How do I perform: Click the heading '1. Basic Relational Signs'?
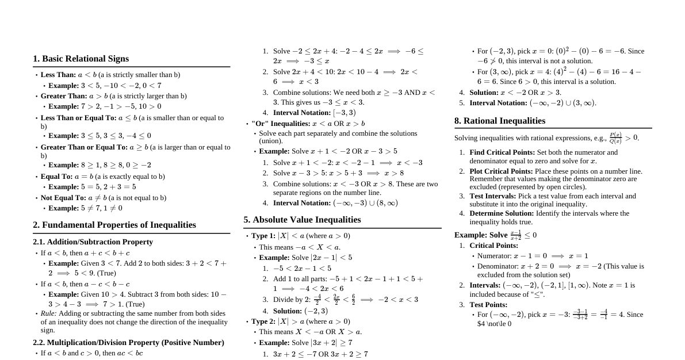tap(81, 59)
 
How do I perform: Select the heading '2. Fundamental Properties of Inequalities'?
tap(114, 225)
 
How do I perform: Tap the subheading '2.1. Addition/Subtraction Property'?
tap(93, 242)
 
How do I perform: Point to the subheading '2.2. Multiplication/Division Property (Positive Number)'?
tap(128, 343)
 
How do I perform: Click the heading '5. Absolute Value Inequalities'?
tap(302, 220)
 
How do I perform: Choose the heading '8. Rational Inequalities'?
tap(499, 121)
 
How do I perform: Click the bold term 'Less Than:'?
tap(58, 75)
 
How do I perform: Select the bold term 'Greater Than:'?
tap(64, 96)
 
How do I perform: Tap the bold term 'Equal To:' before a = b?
tap(56, 177)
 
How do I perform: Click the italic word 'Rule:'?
tap(48, 313)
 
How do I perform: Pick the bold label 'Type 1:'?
tap(263, 236)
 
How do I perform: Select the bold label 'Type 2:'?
tap(263, 321)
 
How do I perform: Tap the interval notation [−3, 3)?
tap(344, 113)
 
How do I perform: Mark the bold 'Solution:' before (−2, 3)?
tap(288, 311)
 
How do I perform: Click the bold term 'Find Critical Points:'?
tap(502, 152)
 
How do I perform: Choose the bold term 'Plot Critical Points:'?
tap(501, 171)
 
